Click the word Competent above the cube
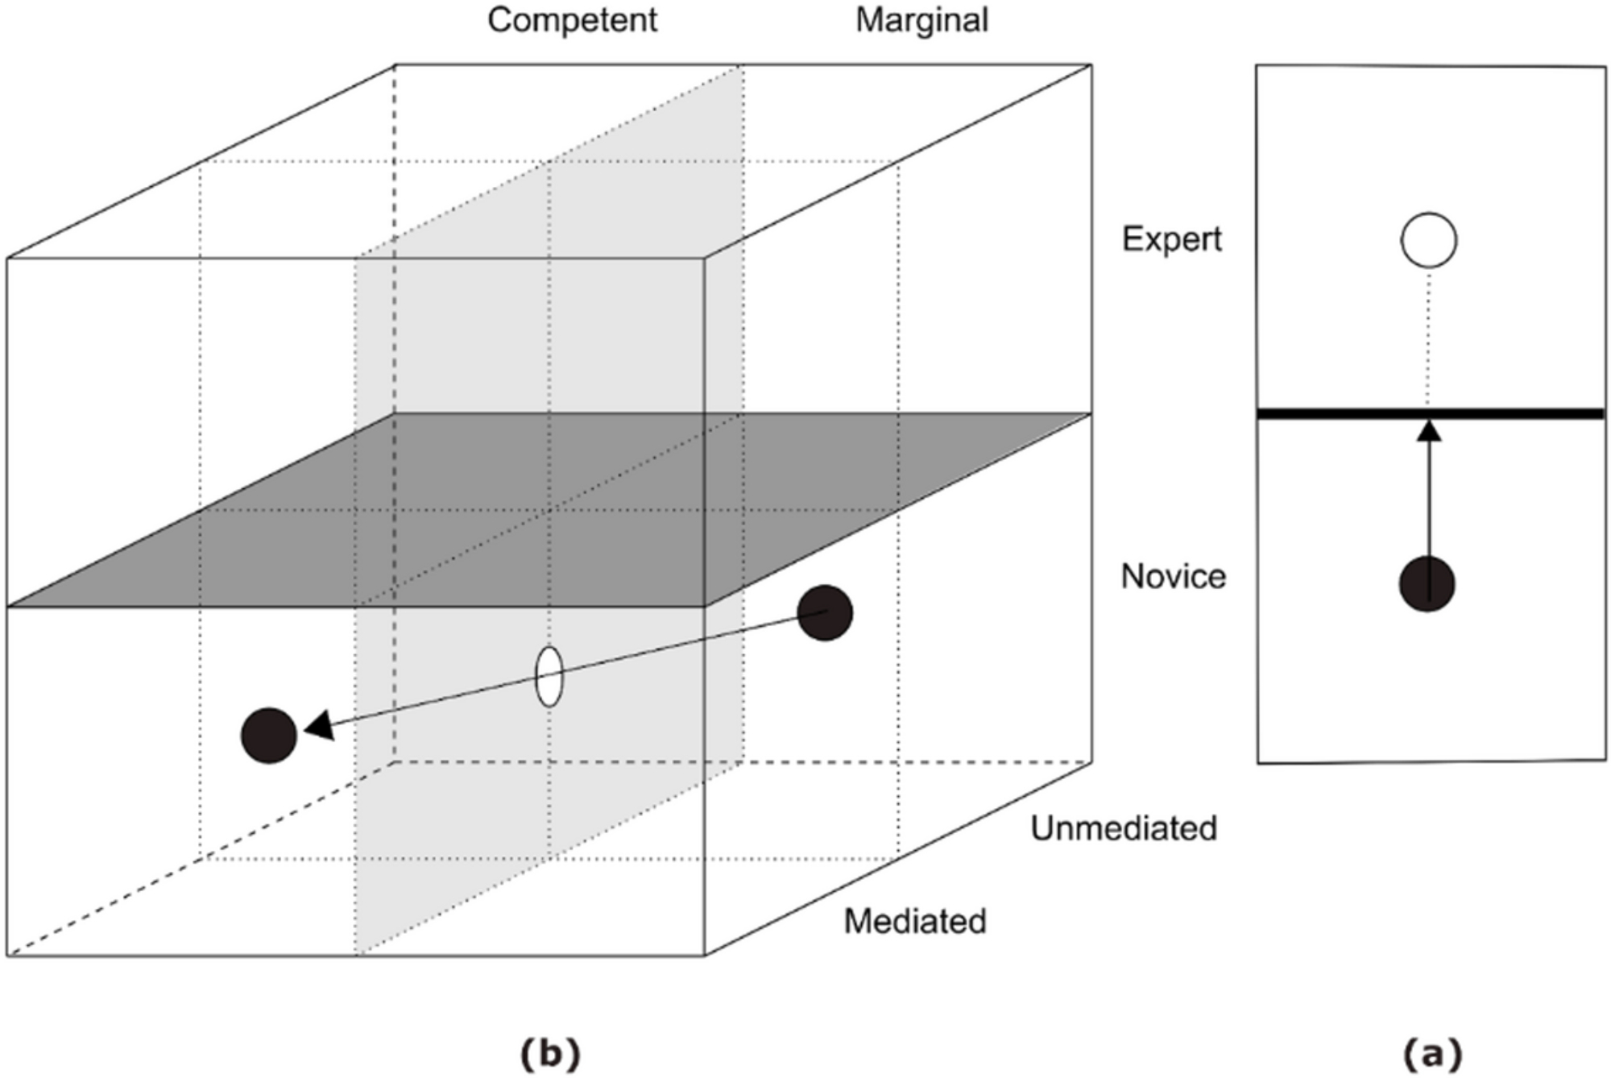(572, 20)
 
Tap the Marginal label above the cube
(921, 20)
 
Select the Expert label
(1171, 239)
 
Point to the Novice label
(1173, 577)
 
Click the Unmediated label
(1124, 828)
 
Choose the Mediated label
(915, 922)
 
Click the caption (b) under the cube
(550, 1053)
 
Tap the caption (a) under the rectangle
(1432, 1053)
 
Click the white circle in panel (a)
(1429, 240)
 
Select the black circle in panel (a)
(1427, 584)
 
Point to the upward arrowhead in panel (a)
(1429, 431)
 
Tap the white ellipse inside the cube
(549, 677)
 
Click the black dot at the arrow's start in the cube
(825, 613)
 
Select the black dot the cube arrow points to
(269, 735)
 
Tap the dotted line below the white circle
(1429, 338)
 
